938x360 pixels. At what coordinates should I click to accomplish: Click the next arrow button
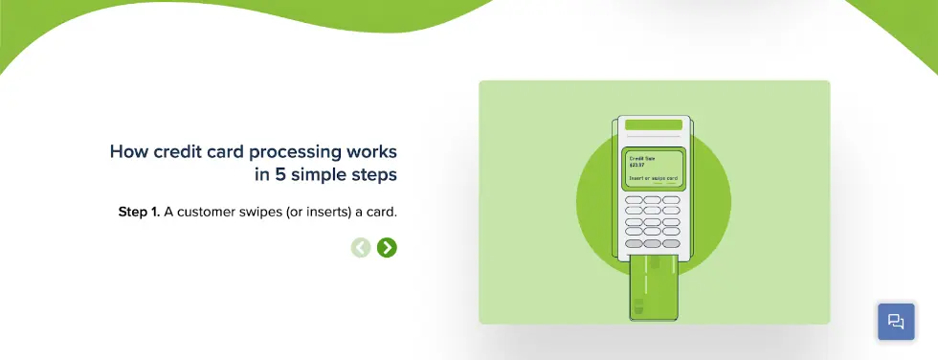[x=387, y=248]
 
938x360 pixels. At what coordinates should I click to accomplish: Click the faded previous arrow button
[x=361, y=248]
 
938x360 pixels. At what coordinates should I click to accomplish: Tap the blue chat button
[x=896, y=322]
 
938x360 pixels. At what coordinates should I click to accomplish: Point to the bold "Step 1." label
[x=139, y=211]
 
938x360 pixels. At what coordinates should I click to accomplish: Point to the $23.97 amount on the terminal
[x=636, y=165]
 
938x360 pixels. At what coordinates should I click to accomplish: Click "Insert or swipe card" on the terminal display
[x=653, y=178]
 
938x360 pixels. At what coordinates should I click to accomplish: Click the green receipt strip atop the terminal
[x=653, y=124]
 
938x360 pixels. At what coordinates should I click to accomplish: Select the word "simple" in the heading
[x=321, y=175]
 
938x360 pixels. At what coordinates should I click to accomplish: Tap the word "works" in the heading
[x=373, y=151]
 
